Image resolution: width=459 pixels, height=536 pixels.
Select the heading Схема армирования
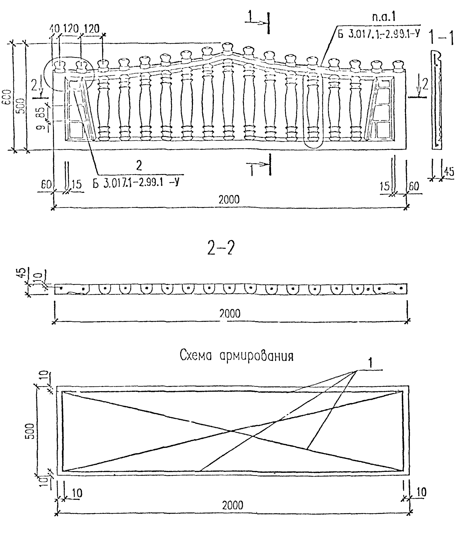coord(237,356)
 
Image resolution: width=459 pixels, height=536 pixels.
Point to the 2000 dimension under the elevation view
coord(229,200)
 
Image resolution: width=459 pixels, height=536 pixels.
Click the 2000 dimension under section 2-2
coord(230,313)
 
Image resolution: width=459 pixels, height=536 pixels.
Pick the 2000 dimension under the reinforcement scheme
coord(233,505)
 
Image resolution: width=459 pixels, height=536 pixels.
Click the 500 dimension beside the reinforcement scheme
coord(31,431)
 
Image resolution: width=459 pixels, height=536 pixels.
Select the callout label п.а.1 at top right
coord(384,17)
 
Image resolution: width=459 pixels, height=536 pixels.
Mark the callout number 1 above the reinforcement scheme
coord(370,363)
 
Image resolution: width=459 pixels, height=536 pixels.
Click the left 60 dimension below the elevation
coord(46,185)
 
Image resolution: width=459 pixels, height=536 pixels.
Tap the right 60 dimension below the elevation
coord(414,186)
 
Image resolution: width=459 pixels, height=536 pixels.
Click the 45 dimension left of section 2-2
coord(23,272)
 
